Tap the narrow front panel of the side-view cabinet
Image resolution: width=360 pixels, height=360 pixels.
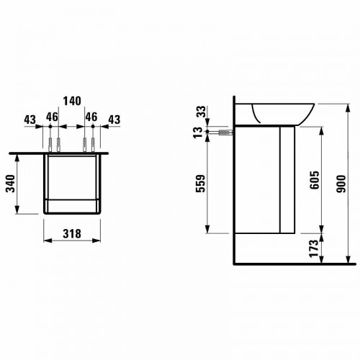pyautogui.click(x=287, y=180)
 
